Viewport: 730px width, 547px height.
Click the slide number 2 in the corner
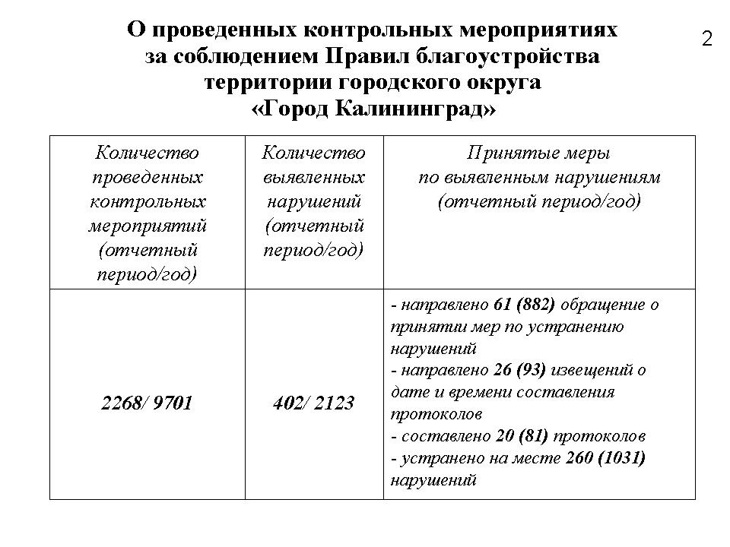click(x=706, y=40)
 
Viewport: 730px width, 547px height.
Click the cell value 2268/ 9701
click(x=147, y=403)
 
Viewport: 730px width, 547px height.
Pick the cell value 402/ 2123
click(x=313, y=403)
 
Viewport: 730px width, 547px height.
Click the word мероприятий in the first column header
click(x=148, y=226)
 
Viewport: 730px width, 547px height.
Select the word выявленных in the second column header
click(x=313, y=177)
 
